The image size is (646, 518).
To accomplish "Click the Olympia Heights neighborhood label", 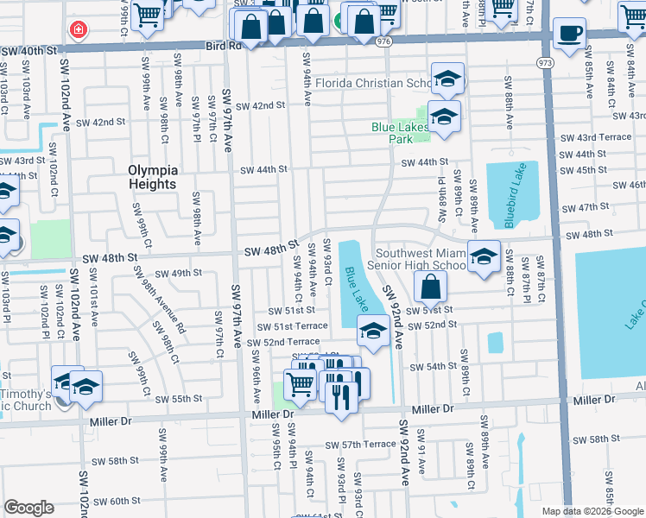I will [x=152, y=176].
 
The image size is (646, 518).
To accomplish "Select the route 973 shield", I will [x=545, y=63].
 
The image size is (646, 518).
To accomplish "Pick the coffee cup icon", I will [x=568, y=35].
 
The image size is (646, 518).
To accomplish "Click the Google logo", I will [x=28, y=508].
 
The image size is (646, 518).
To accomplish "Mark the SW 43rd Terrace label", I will [x=596, y=138].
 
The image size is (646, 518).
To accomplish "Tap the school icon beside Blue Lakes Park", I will [x=444, y=117].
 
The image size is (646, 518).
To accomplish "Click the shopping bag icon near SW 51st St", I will [x=430, y=287].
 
